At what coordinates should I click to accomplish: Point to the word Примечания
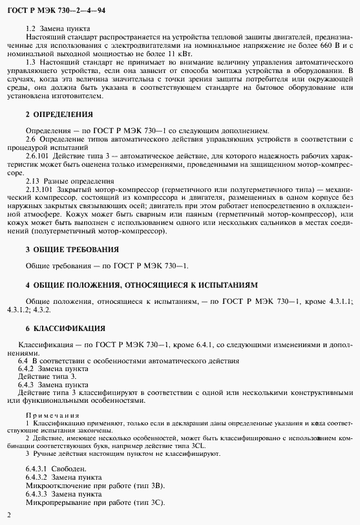(x=52, y=415)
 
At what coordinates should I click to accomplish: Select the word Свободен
(x=76, y=467)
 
